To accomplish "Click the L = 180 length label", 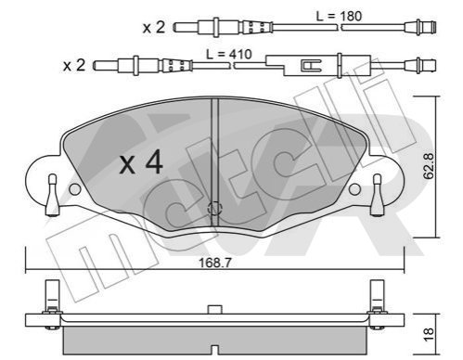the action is point(339,16).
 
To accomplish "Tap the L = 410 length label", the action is point(229,54).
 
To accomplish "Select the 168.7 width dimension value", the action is point(214,263).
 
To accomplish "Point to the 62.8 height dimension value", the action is point(429,166).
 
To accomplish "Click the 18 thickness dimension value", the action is point(429,335).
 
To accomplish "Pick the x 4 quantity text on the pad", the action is point(141,161).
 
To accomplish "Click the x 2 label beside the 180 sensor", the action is point(154,28).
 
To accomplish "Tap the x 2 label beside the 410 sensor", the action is point(74,66).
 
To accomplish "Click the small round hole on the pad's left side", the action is point(75,189).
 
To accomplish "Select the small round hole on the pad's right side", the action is point(354,189).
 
